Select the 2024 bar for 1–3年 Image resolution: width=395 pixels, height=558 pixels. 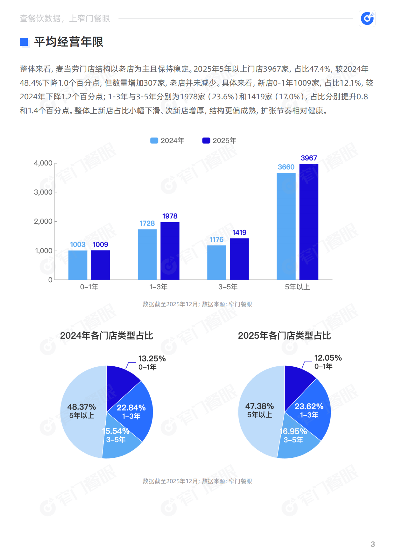coord(147,254)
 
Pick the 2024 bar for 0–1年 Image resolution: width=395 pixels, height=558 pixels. coord(78,265)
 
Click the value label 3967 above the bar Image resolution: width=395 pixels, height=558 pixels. coord(309,158)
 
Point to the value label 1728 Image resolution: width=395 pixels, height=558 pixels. coord(147,223)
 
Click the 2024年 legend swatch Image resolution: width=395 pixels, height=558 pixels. coord(154,141)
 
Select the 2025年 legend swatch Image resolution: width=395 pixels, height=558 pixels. coord(206,141)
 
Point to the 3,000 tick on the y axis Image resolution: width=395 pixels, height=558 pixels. coord(43,192)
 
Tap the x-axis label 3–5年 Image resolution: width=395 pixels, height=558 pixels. coord(228,287)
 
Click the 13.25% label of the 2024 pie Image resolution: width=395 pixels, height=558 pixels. coord(152,359)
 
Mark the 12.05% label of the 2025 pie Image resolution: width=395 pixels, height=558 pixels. coord(328,358)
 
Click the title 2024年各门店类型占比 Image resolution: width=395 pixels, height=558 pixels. coord(107,336)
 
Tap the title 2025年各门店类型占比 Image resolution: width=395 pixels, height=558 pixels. coord(284,336)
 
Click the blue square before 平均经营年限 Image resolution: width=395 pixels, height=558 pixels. coord(24,42)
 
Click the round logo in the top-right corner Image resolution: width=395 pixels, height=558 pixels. coord(367,18)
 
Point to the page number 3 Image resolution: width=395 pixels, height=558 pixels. coord(373,544)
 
